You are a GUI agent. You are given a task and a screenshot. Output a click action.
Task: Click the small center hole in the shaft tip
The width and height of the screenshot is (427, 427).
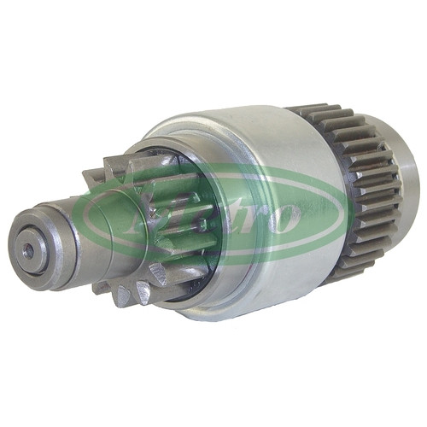[x=28, y=251]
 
